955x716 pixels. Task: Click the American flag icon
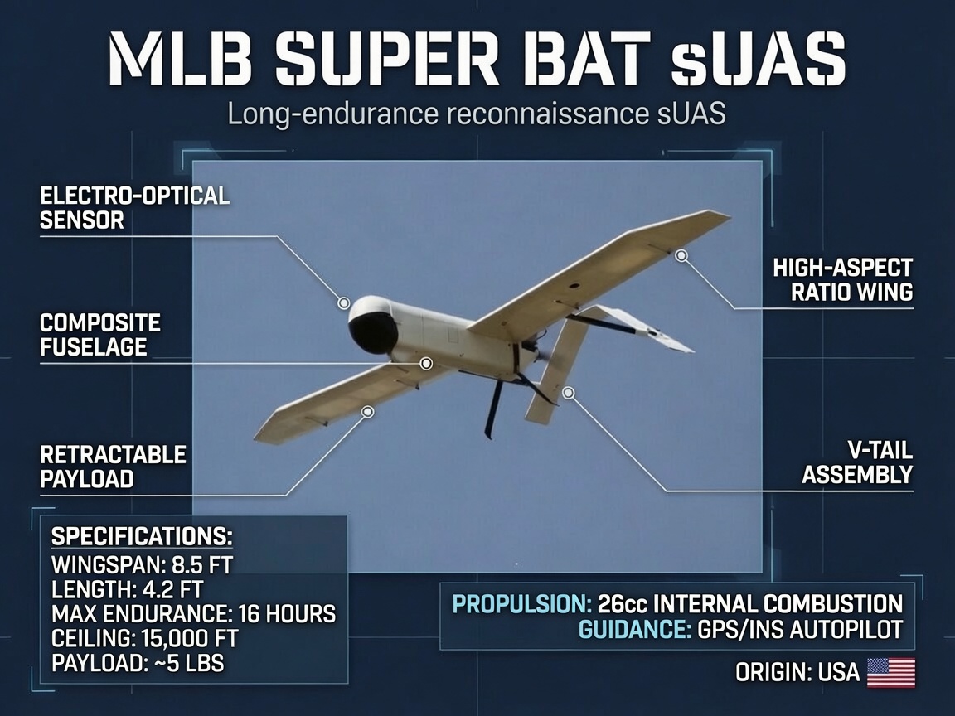[891, 672]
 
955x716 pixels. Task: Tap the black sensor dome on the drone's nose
[373, 332]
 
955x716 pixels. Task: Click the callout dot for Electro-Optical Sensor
[344, 302]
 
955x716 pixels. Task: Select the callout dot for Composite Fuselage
[426, 364]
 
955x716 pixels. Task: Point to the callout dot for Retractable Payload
[367, 412]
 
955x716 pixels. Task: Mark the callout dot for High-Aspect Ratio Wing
[681, 256]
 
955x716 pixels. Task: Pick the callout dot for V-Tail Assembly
[568, 393]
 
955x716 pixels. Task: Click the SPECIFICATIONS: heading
[142, 536]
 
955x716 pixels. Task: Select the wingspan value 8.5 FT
[202, 565]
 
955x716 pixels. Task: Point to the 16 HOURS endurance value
[287, 614]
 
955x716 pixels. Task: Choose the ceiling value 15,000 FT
[189, 638]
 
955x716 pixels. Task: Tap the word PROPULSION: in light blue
[522, 604]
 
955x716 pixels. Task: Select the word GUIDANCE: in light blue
[635, 629]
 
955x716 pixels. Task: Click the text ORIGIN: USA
[797, 673]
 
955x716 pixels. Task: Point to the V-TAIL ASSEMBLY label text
[857, 462]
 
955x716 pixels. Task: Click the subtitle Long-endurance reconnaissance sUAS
[477, 114]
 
